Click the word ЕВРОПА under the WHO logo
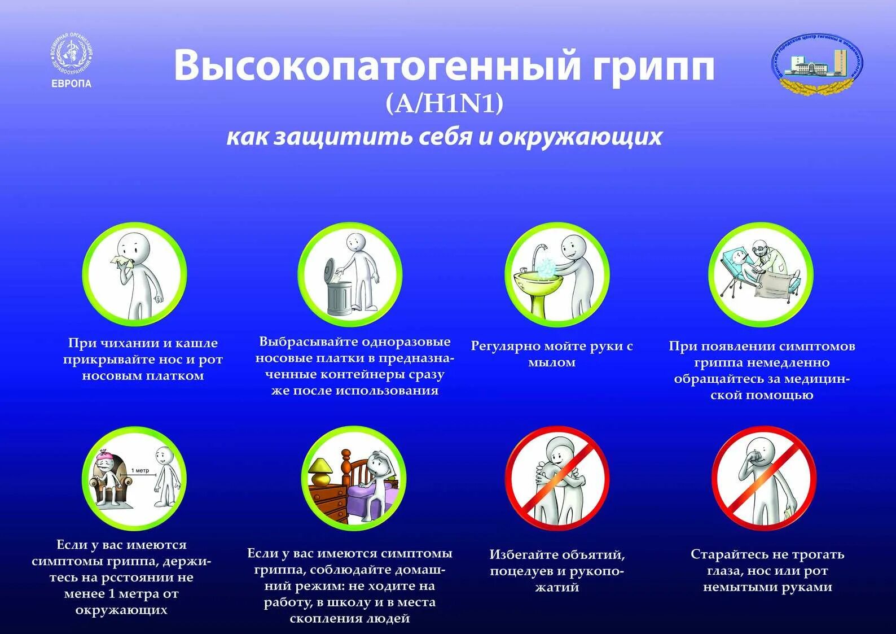click(x=71, y=84)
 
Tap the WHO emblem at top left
click(x=71, y=55)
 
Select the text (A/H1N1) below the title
click(x=444, y=103)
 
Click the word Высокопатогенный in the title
click(x=377, y=65)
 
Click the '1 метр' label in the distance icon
click(x=140, y=470)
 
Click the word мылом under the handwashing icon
click(x=552, y=362)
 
